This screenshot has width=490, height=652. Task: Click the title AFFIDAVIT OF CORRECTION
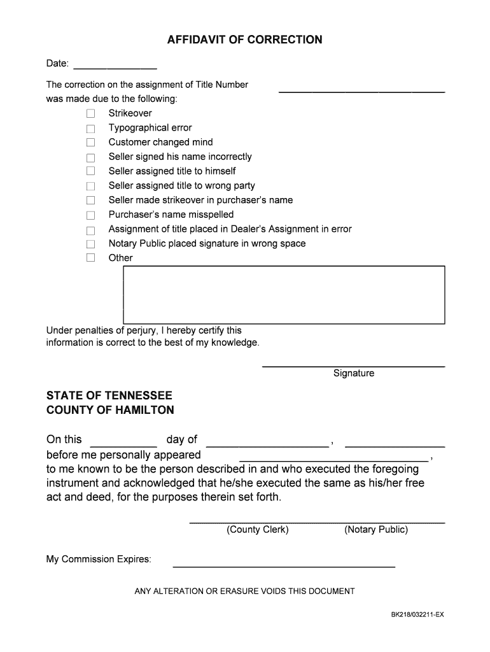[x=244, y=40]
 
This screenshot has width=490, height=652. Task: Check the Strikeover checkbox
[x=90, y=113]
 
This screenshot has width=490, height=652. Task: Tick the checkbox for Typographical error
[x=90, y=128]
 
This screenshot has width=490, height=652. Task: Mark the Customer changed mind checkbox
[x=90, y=143]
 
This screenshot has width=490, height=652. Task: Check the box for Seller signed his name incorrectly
[x=90, y=157]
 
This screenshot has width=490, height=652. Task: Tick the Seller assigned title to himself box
[x=90, y=171]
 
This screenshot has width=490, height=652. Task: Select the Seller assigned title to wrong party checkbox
[x=90, y=186]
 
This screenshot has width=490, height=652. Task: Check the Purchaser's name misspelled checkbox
[x=90, y=215]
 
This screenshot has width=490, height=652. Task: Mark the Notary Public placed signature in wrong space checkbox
[x=90, y=244]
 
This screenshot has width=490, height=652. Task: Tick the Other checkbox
[x=90, y=258]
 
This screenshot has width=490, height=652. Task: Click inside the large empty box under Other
[x=283, y=295]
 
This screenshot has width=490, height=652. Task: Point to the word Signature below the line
[x=354, y=374]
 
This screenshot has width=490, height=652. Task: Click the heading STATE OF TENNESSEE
[x=109, y=395]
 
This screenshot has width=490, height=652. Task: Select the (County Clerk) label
[x=258, y=530]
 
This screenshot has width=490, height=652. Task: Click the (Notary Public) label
[x=376, y=530]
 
